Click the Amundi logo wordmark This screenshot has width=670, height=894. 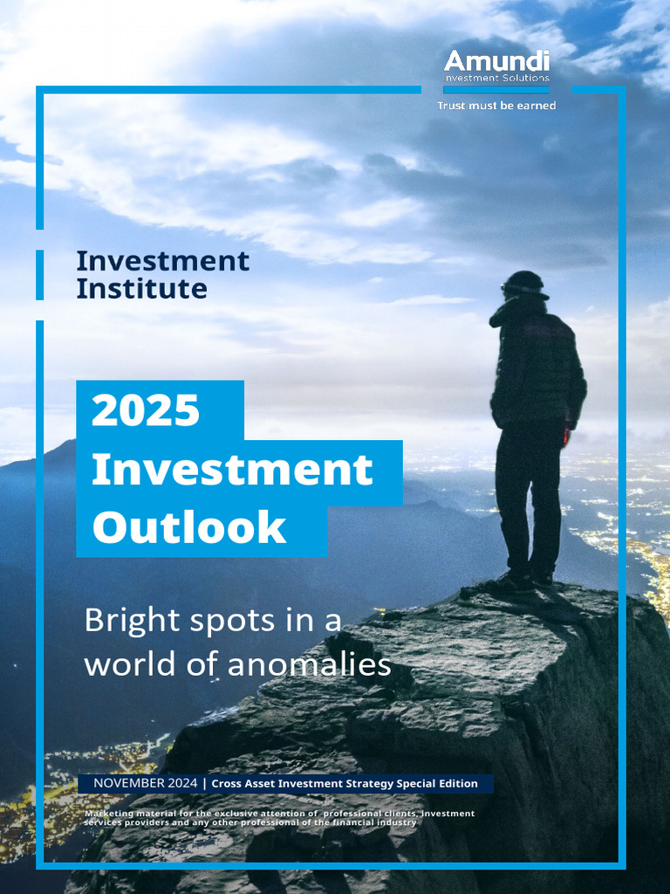(496, 61)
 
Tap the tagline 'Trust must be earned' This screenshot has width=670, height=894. (496, 106)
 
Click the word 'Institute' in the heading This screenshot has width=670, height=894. (141, 288)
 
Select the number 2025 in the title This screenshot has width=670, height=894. (146, 410)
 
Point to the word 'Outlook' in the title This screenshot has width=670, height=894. (189, 527)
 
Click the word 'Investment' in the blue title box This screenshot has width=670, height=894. (232, 471)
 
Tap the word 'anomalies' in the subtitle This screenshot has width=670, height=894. (309, 664)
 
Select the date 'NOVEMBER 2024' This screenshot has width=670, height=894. (145, 783)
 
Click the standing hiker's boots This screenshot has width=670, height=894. (523, 579)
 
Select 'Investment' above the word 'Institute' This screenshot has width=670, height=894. (162, 260)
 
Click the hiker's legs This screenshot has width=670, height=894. (527, 498)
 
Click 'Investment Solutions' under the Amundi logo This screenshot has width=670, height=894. (497, 79)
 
